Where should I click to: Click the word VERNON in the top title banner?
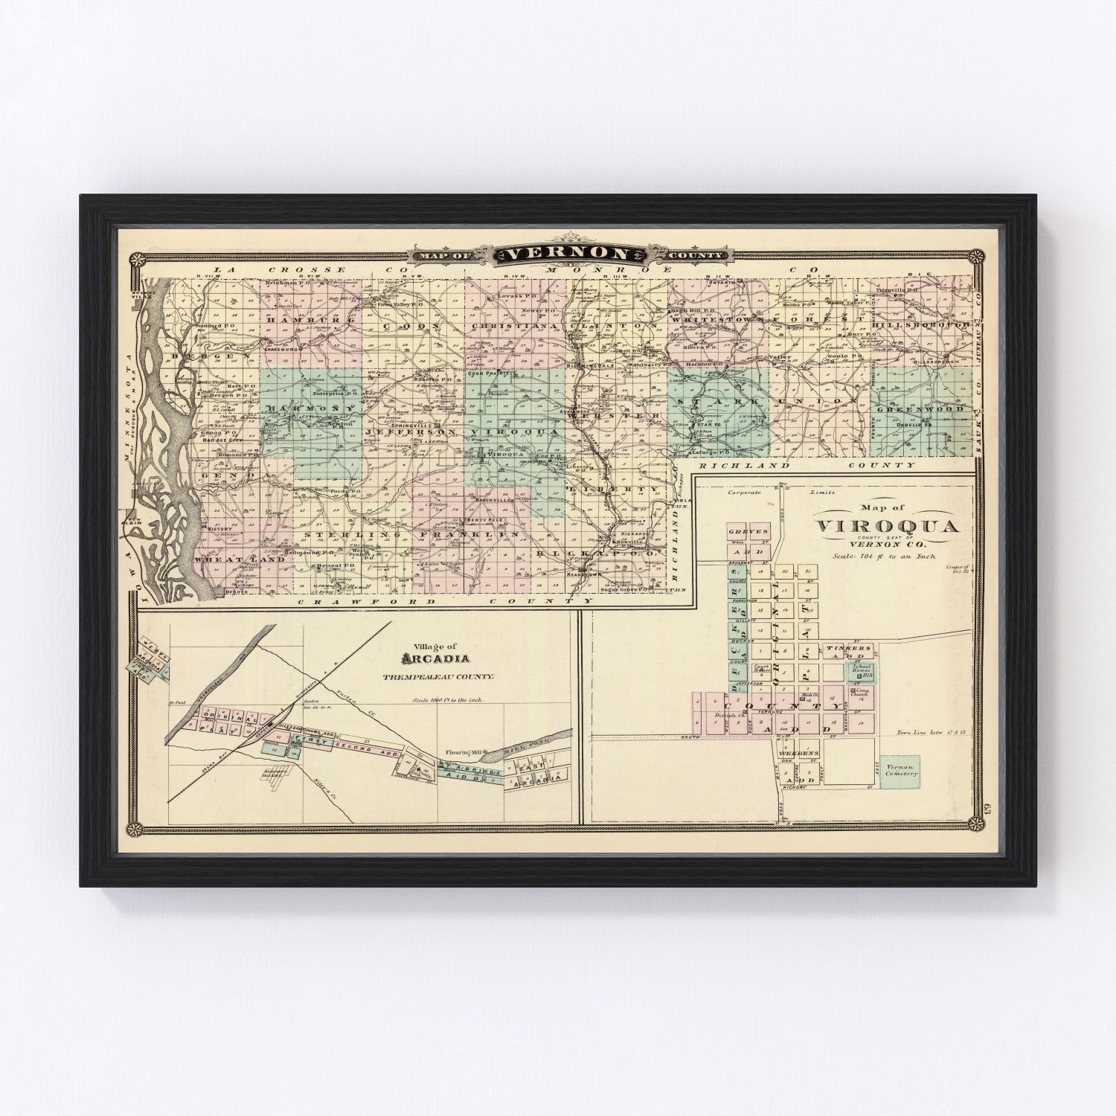pos(569,254)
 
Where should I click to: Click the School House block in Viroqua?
pos(862,671)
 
